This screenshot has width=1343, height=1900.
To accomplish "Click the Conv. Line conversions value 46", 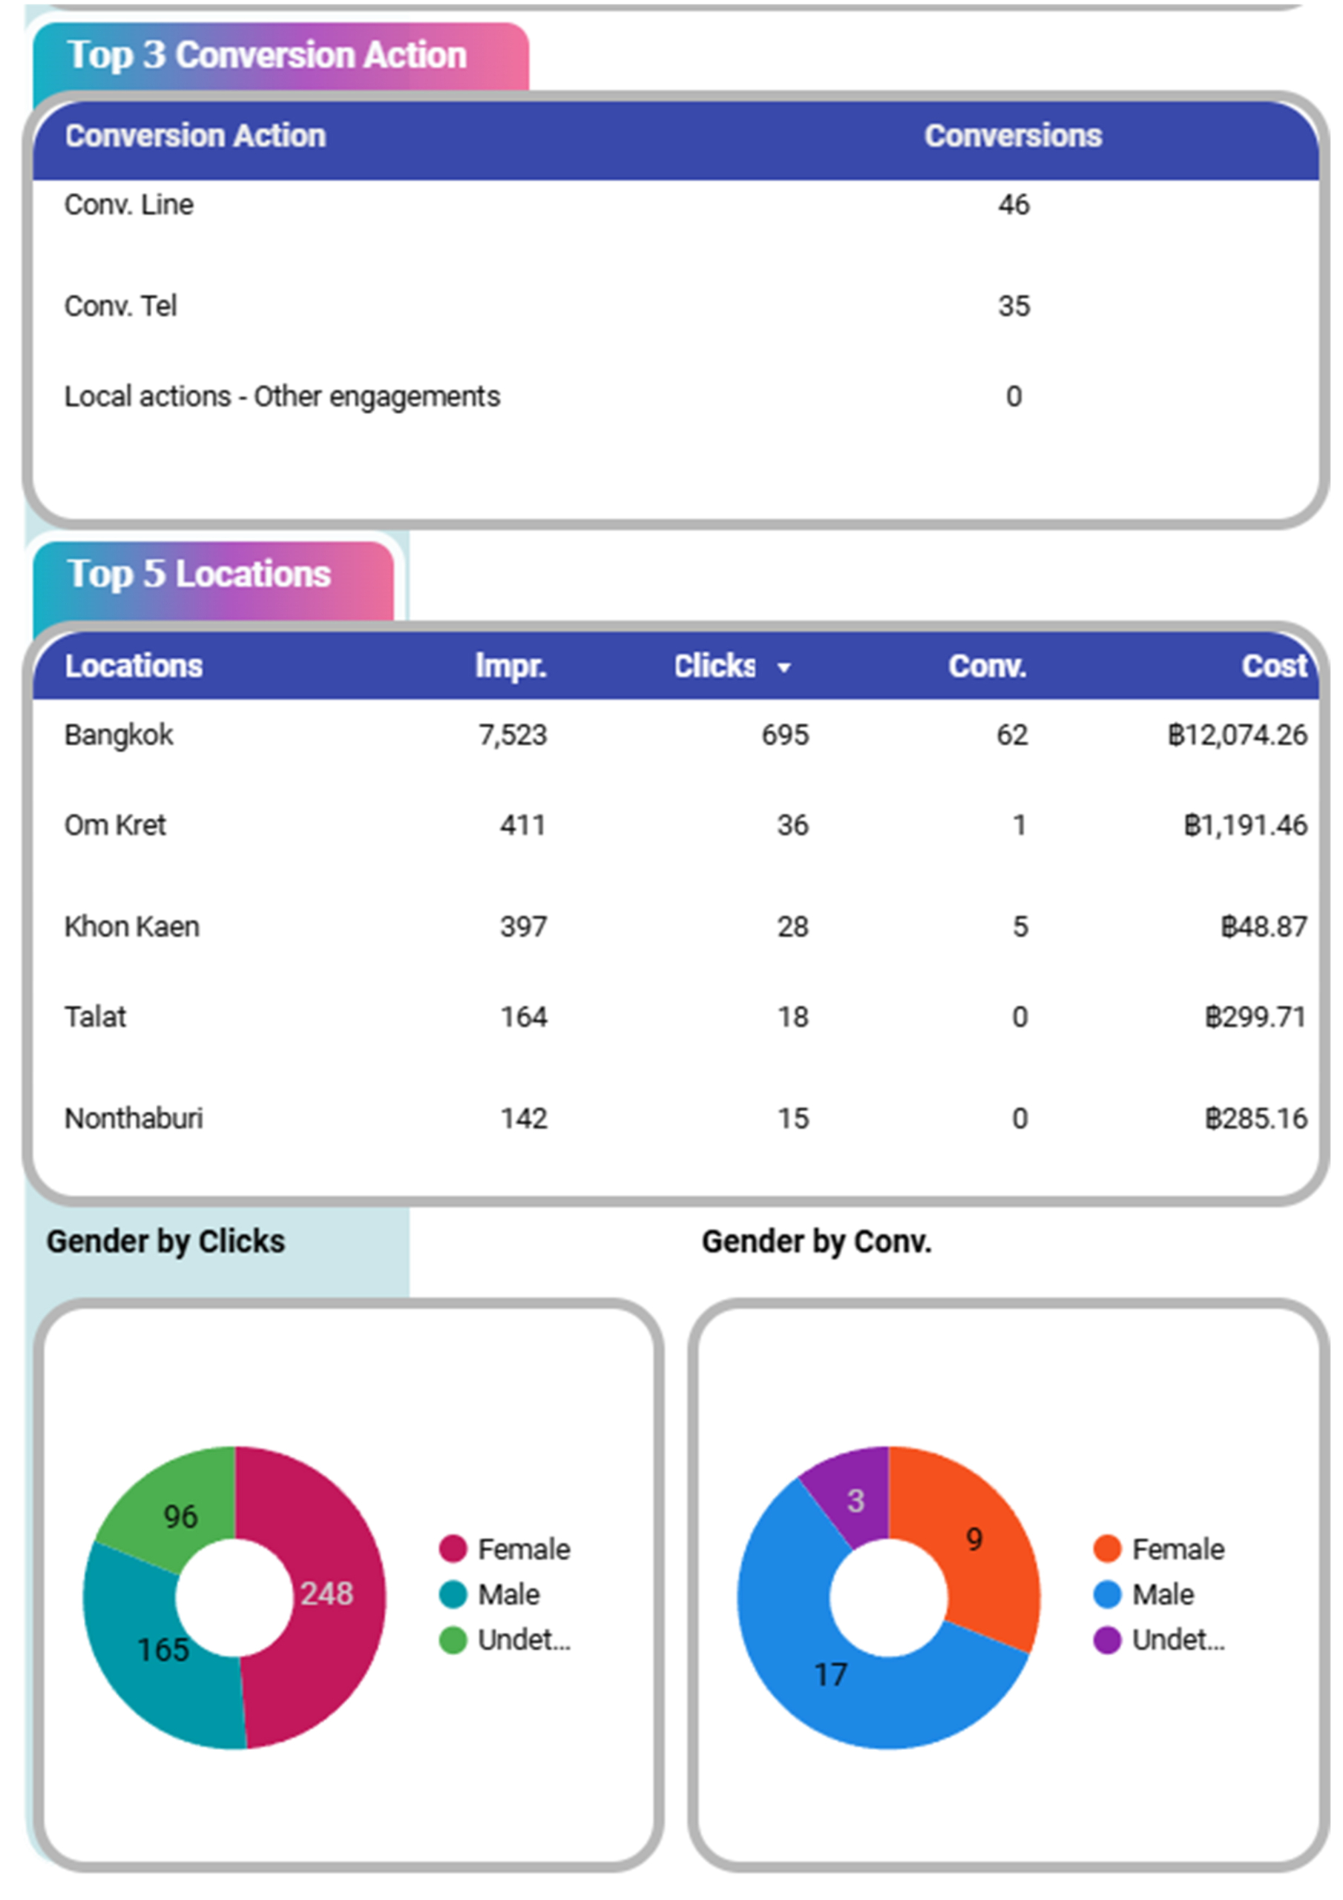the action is [x=1013, y=204].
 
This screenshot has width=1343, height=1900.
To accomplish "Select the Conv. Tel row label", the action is [x=121, y=307].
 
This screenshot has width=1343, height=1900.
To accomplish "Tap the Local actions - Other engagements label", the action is [x=282, y=397].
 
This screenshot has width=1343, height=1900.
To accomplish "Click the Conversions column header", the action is [x=1013, y=136].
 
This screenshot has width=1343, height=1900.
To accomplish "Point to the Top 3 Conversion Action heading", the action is [x=267, y=56].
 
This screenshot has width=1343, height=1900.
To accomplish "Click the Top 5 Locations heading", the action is [x=200, y=574].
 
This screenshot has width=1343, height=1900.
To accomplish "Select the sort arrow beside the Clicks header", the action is [x=784, y=668].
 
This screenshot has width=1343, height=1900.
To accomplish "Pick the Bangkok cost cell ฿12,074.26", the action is [x=1237, y=735].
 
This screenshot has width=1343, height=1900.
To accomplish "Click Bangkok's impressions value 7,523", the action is [x=512, y=735].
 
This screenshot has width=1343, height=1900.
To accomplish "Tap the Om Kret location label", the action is [x=115, y=825].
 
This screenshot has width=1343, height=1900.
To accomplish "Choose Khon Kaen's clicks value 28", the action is [x=792, y=927].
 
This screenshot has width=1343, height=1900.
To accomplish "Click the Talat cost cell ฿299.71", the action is [x=1255, y=1017].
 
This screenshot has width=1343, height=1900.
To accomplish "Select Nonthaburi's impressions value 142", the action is [x=524, y=1118].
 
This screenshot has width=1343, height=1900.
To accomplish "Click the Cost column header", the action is [x=1274, y=666].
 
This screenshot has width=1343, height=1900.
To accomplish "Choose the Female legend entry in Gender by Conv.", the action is [x=1158, y=1549].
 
